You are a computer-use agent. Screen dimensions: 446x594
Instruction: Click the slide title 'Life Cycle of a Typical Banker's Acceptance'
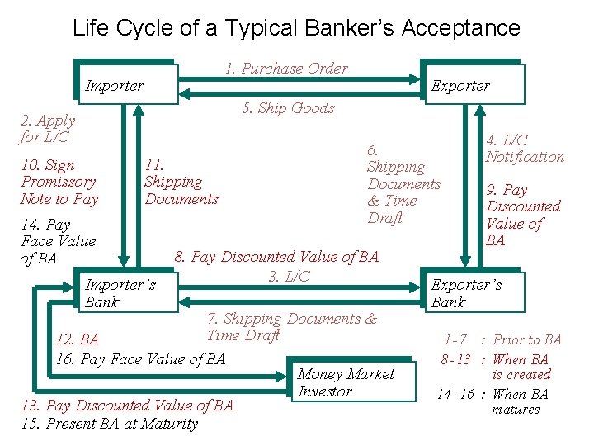coord(296,28)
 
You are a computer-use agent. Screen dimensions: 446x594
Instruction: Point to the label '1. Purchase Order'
coord(286,69)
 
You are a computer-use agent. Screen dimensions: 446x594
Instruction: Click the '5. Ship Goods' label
coord(288,108)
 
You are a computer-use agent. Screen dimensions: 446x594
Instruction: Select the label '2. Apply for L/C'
coord(47,129)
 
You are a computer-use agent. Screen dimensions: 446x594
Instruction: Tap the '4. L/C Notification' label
coord(525,149)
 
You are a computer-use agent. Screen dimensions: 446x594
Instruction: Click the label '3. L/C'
coord(289,276)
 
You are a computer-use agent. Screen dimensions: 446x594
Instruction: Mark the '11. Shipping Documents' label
coord(181,182)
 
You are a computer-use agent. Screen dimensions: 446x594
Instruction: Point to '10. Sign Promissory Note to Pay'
coord(59,182)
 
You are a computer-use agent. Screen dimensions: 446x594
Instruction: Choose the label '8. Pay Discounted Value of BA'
coord(276,257)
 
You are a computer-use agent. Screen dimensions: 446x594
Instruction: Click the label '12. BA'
coord(77,340)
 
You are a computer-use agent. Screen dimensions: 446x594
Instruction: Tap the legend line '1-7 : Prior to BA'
coord(502,339)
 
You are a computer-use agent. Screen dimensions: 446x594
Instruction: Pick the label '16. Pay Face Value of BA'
coord(140,358)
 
